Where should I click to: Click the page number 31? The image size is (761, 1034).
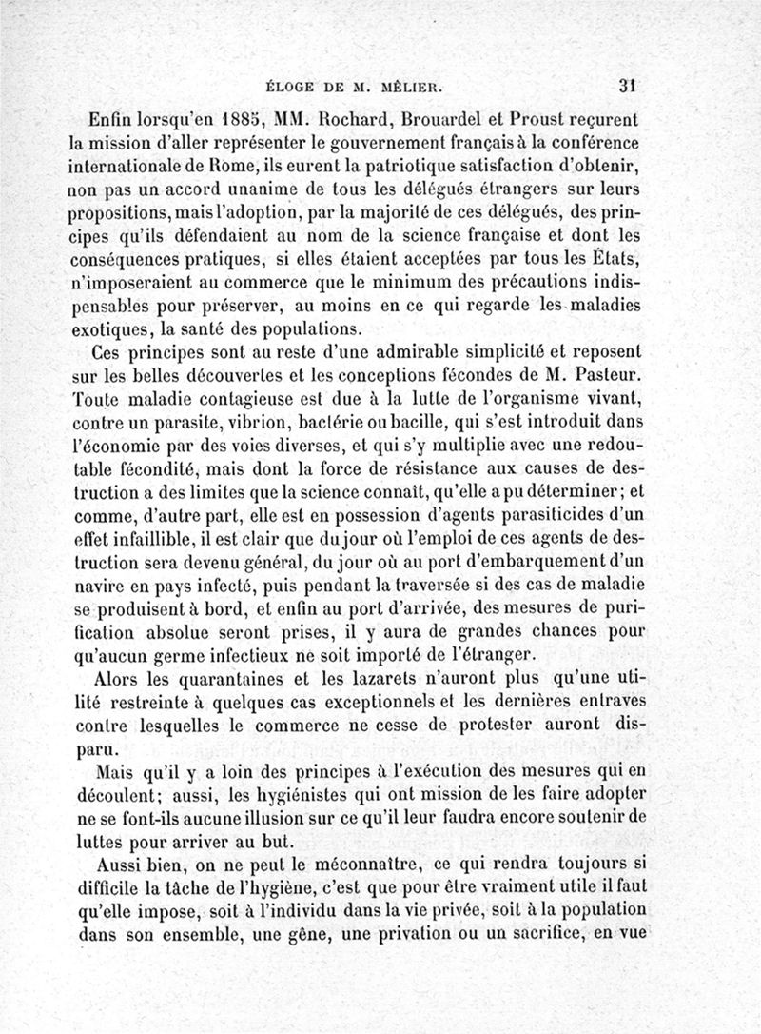tap(626, 84)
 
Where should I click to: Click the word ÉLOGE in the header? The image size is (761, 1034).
tap(293, 85)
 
